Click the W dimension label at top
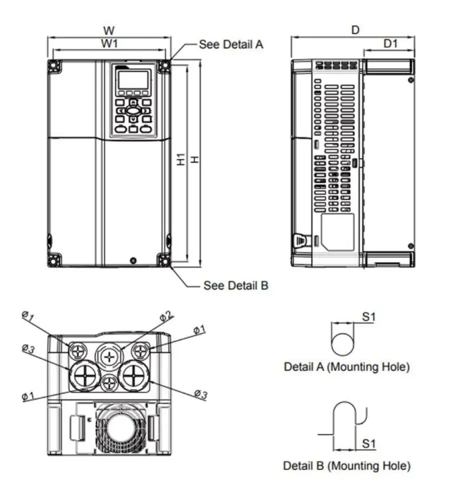109,32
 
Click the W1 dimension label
109,44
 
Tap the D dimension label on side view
355,31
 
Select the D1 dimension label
390,44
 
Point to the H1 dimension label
181,160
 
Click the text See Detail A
231,44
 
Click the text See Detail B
235,286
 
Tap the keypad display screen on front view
133,80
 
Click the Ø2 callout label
166,316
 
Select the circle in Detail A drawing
343,344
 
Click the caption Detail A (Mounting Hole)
347,367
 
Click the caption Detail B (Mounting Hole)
347,466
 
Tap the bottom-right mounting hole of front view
163,260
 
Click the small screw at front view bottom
133,261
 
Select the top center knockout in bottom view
109,356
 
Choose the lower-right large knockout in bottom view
134,375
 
